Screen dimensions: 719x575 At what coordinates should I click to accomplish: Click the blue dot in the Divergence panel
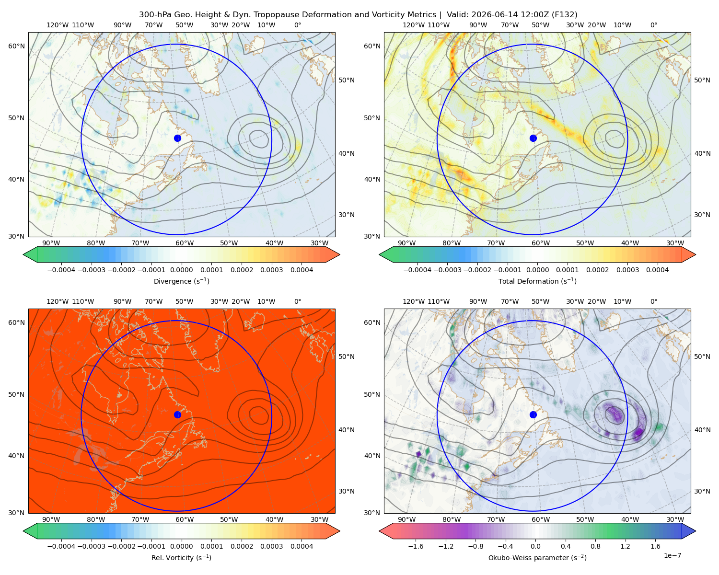coord(177,138)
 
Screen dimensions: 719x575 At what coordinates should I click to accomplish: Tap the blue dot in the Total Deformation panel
coord(533,138)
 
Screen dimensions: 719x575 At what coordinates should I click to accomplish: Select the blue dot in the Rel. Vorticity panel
coord(177,414)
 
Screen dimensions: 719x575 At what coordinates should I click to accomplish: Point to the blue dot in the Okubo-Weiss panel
coord(533,414)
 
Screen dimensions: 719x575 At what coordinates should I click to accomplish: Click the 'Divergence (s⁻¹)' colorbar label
coord(181,281)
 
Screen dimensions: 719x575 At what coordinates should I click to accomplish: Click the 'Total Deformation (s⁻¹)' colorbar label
coord(537,281)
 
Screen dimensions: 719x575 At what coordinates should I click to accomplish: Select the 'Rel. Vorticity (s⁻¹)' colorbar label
coord(181,558)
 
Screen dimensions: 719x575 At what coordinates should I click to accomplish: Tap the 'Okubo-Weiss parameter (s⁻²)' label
coord(537,558)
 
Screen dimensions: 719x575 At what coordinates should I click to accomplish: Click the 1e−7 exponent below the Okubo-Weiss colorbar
coord(672,555)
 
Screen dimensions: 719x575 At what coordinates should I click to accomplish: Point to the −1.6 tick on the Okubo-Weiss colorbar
coord(416,546)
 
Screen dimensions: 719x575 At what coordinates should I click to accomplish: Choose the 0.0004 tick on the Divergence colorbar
coord(302,270)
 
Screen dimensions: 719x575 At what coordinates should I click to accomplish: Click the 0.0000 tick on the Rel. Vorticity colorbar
coord(181,546)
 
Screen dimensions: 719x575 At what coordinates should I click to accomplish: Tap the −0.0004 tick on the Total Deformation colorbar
coord(417,270)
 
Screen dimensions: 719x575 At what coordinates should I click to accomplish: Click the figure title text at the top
coord(358,15)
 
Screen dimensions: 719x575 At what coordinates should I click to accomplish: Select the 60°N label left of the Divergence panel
coord(16,46)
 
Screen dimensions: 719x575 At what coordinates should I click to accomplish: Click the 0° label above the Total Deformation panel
coord(653,25)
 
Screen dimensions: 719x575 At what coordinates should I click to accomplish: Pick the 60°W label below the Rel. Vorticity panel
coord(185,519)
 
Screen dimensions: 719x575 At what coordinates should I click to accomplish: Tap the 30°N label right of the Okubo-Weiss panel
coord(702,491)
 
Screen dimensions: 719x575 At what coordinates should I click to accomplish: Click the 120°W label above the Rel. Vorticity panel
coord(58,301)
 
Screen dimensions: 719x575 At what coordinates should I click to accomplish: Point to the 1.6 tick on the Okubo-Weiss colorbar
coord(655,546)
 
